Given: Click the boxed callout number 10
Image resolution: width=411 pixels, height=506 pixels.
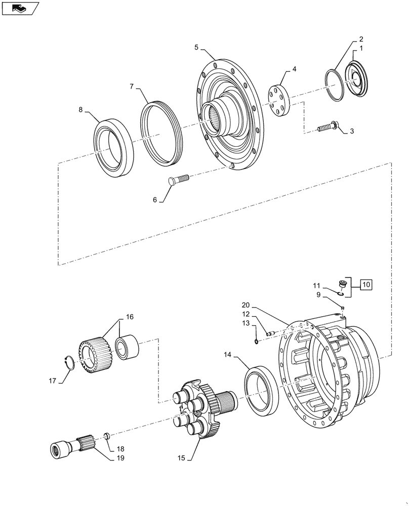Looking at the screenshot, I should (366, 285).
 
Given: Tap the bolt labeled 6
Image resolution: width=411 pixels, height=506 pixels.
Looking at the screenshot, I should (178, 178).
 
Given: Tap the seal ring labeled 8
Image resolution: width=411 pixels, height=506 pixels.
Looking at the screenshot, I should (114, 147).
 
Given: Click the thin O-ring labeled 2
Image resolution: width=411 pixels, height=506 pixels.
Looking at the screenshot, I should (335, 85).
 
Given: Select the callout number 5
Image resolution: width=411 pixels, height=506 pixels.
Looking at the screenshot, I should (196, 48).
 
